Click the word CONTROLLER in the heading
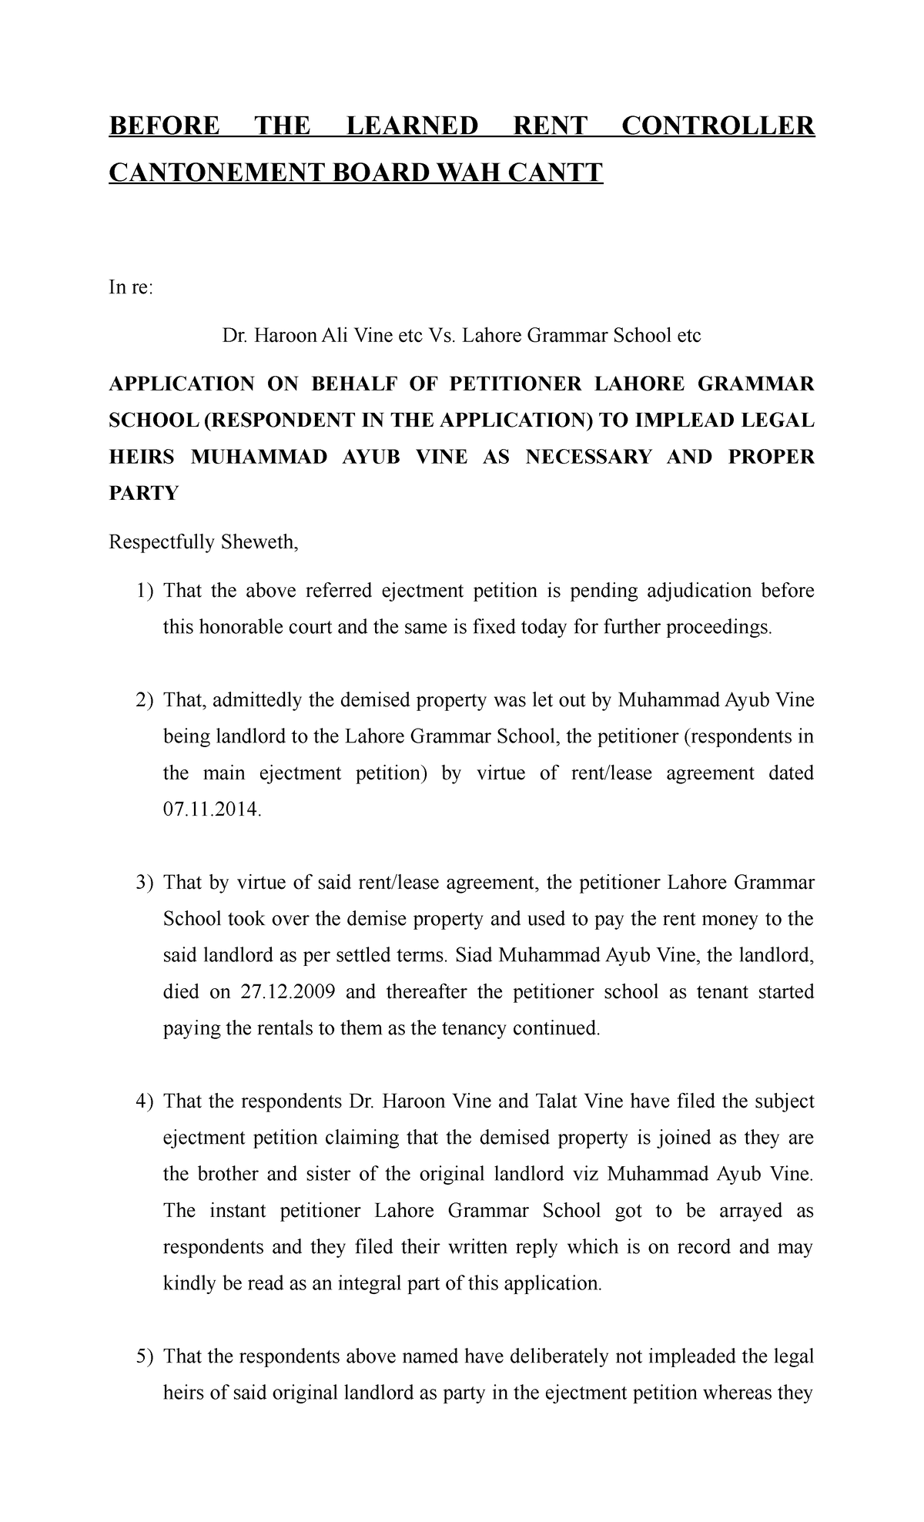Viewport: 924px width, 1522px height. pos(718,126)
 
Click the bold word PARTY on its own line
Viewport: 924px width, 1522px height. pos(143,494)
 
